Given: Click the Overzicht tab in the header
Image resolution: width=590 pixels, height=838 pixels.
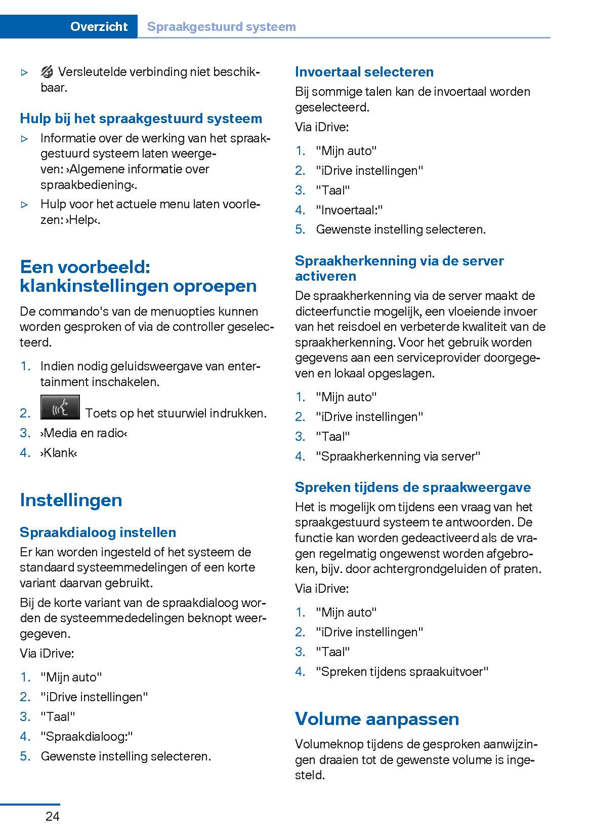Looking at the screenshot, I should click(x=99, y=26).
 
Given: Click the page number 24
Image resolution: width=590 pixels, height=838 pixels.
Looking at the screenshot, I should click(x=52, y=816).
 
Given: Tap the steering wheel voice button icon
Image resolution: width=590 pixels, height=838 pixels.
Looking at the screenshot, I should click(x=60, y=408).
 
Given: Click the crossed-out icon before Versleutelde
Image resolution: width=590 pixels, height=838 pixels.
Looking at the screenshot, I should click(x=47, y=72).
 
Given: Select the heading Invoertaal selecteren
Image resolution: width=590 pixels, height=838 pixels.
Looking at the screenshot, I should click(x=364, y=72).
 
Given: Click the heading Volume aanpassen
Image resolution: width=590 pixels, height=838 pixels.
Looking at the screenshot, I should click(x=377, y=719).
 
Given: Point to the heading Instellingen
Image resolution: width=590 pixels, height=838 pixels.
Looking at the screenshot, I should click(x=71, y=500).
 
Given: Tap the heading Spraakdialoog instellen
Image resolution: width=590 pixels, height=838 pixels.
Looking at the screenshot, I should click(x=98, y=532).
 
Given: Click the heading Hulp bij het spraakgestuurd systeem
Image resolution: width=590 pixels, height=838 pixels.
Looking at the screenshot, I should click(x=141, y=119).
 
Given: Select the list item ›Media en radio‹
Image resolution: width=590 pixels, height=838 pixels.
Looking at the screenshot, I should click(x=84, y=433).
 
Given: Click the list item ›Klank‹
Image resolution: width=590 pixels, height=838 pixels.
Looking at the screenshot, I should click(x=59, y=453).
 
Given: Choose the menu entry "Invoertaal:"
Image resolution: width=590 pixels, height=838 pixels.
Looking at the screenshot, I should click(x=349, y=210).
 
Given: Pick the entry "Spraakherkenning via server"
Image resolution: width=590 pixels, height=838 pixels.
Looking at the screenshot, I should click(x=398, y=456).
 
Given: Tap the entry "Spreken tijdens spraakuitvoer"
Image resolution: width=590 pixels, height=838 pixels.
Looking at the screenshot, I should click(x=402, y=672).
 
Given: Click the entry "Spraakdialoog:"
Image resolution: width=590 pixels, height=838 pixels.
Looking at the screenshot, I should click(x=87, y=737).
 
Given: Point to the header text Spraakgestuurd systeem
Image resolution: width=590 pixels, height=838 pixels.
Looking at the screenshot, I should click(x=221, y=26).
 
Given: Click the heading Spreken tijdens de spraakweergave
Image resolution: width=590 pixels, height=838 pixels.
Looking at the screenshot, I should click(x=413, y=487).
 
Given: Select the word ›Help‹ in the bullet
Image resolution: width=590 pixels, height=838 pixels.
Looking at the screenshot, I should click(x=82, y=220).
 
